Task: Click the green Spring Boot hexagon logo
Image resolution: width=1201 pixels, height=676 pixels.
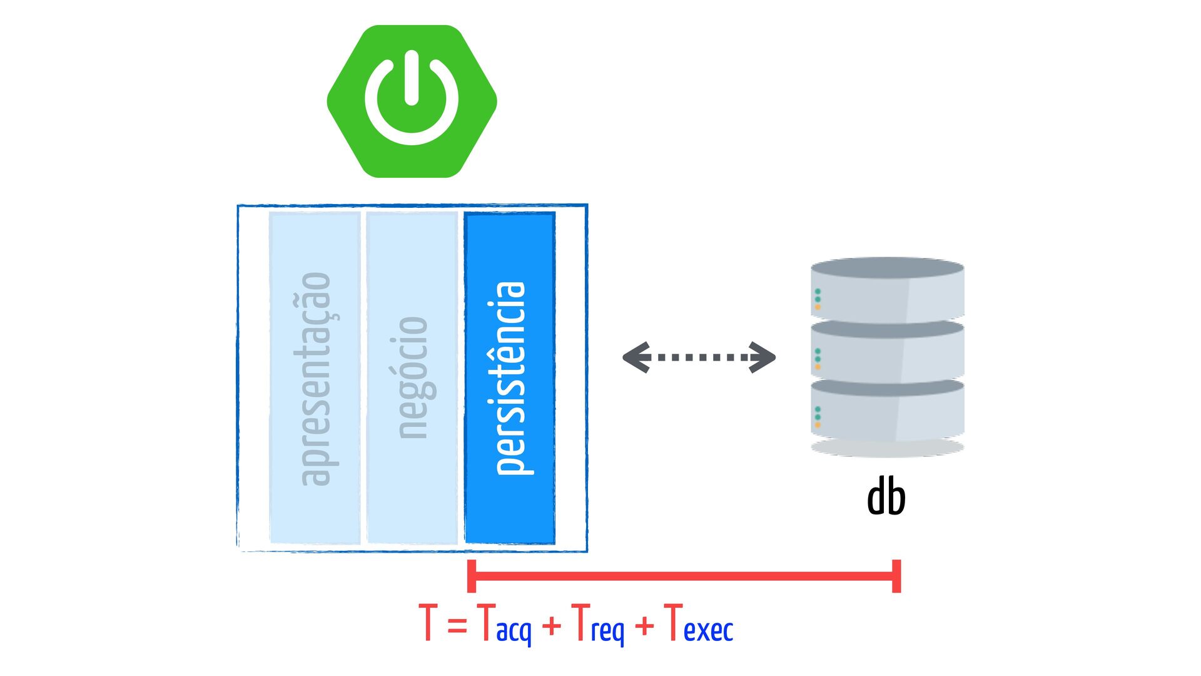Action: tap(412, 101)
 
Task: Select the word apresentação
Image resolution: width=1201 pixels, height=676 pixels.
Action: tap(315, 379)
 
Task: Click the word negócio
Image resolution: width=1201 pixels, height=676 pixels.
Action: tap(413, 377)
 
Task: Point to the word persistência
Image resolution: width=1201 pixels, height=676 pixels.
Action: tap(510, 378)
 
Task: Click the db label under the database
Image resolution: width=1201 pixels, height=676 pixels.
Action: tap(886, 496)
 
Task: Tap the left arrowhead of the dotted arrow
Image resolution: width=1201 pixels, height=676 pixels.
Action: tap(637, 357)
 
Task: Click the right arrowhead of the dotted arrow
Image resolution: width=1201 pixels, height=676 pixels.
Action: tap(763, 357)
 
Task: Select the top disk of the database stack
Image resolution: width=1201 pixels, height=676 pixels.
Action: tap(887, 289)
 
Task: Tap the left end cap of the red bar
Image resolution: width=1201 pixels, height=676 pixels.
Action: tap(472, 576)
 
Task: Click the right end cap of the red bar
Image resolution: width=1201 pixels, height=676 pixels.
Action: tap(896, 576)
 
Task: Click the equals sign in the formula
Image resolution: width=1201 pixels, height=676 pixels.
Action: tap(457, 625)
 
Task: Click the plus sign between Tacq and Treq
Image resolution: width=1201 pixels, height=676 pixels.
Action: tap(552, 625)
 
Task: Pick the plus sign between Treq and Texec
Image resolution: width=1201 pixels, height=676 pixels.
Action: tap(644, 625)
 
